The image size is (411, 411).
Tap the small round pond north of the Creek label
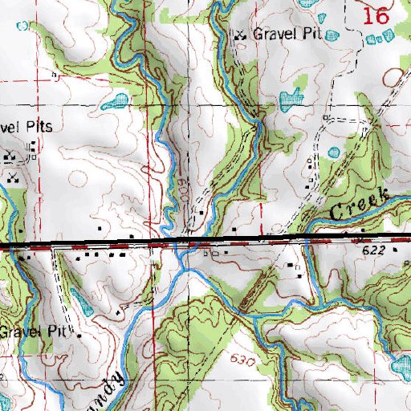point(335,153)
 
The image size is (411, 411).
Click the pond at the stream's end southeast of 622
point(399,367)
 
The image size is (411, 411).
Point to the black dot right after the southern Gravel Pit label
point(79,332)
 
